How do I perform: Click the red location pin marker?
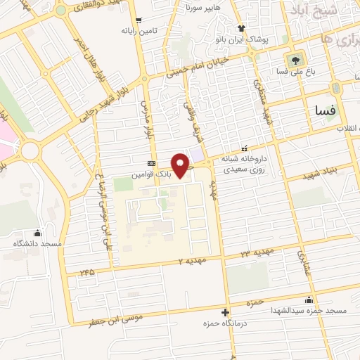coord(181,165)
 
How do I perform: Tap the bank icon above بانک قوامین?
coord(151,161)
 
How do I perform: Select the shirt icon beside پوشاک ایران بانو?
coord(242,28)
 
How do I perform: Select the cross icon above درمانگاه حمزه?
coord(225,312)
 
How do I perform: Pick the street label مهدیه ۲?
coord(191,261)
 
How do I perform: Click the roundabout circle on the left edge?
coord(30,150)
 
